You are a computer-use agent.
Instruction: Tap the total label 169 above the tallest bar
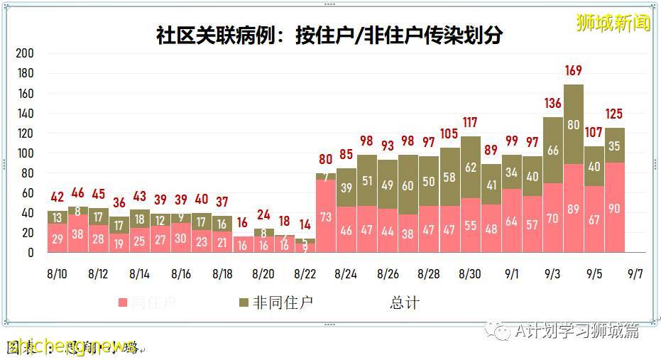(x=573, y=71)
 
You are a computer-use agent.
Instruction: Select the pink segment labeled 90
(x=614, y=207)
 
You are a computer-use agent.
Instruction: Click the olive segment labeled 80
(x=573, y=124)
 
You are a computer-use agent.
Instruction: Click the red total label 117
(x=470, y=123)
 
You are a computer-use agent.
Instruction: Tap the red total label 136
(x=552, y=104)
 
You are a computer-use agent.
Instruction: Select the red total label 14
(x=305, y=225)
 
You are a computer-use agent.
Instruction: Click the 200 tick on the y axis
(x=25, y=53)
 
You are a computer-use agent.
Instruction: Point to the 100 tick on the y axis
(x=25, y=153)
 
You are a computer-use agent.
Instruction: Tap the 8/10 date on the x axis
(x=58, y=273)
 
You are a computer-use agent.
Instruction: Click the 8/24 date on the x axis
(x=346, y=273)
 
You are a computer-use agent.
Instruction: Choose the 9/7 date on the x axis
(x=635, y=273)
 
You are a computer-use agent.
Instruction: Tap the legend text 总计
(x=404, y=302)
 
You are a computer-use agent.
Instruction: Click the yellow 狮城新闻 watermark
(x=613, y=23)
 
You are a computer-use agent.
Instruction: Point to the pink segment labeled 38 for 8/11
(x=78, y=234)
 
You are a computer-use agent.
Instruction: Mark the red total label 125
(x=614, y=114)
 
